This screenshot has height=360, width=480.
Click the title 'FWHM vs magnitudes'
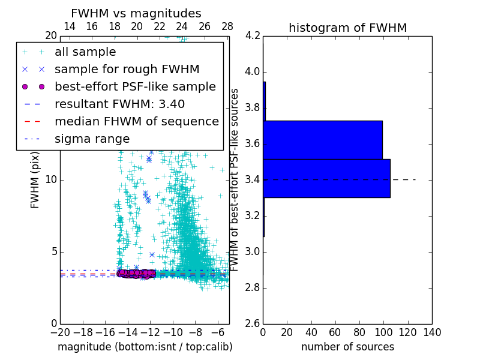(136, 14)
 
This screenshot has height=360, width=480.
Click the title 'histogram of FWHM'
(347, 28)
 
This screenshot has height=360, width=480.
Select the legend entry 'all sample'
(85, 52)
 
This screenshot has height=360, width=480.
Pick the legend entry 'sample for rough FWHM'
(127, 70)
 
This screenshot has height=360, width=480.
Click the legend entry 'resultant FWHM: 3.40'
(119, 104)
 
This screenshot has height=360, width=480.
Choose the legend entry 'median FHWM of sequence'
(136, 121)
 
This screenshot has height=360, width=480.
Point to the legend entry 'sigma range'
(92, 139)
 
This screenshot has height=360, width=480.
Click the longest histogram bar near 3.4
(326, 178)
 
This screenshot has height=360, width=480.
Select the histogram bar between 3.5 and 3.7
(323, 140)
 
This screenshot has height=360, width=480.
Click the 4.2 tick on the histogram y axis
(253, 36)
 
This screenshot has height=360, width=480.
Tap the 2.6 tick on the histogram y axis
(253, 323)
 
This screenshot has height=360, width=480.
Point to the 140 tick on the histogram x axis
(432, 332)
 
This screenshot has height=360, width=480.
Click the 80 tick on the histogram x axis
(359, 332)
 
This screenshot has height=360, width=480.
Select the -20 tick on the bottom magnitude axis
(60, 332)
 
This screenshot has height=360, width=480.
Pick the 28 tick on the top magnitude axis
(227, 26)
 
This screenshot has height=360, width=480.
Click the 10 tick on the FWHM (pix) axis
(52, 180)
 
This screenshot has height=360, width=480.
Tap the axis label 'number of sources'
(347, 347)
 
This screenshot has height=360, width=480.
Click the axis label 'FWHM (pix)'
(35, 180)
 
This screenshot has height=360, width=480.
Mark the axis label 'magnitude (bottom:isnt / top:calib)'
(145, 347)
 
